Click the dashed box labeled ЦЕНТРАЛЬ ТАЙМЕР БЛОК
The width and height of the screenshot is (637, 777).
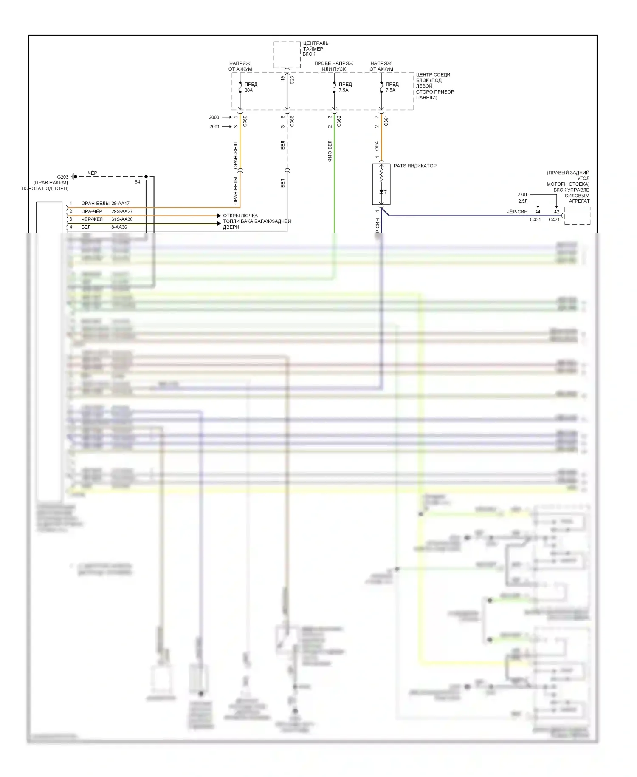287,54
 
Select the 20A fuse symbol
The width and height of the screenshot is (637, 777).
240,87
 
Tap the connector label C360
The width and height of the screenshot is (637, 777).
245,121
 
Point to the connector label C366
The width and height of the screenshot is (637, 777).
292,121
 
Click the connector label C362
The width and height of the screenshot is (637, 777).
339,121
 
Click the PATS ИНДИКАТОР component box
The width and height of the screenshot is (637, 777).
381,184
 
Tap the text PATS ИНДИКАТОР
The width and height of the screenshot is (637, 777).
415,166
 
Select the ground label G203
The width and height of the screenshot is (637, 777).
62,177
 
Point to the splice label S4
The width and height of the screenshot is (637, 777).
137,182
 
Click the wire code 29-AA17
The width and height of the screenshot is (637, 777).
120,204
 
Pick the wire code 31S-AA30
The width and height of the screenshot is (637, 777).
122,219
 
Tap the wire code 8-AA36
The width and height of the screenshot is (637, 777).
119,227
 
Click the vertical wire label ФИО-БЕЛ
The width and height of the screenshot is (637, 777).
330,151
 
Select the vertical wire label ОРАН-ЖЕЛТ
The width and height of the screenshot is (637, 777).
236,155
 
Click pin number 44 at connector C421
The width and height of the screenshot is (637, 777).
538,212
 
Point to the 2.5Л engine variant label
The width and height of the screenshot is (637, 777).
523,201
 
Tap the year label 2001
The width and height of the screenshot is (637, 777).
214,127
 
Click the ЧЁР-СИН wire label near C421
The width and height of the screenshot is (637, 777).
517,212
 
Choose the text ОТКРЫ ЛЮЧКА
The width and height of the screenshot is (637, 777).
240,216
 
